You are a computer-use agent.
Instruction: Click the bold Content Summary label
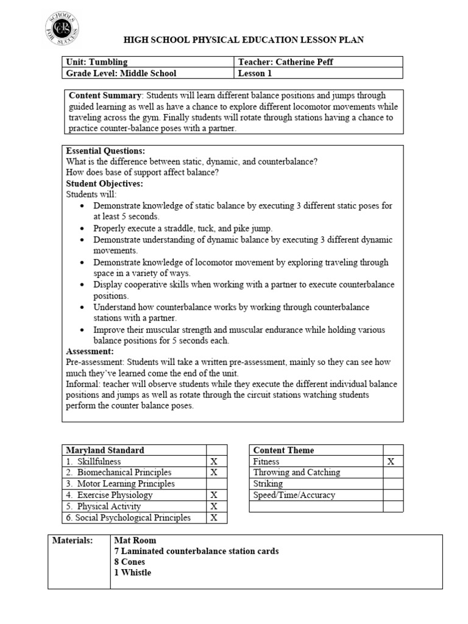coord(105,96)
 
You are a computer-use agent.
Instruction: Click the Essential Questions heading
coord(105,151)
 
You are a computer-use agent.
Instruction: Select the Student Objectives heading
coord(104,183)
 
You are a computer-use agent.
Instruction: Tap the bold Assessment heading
coord(90,352)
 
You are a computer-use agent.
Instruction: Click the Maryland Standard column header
coord(105,450)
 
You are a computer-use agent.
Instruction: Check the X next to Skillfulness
coord(214,461)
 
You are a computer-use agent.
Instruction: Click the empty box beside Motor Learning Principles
coord(216,484)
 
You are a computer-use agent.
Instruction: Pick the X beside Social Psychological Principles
coord(214,518)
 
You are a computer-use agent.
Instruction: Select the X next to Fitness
coord(391,461)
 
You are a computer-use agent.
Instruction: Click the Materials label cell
coord(73,540)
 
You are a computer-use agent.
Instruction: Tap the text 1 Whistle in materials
coord(133,573)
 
